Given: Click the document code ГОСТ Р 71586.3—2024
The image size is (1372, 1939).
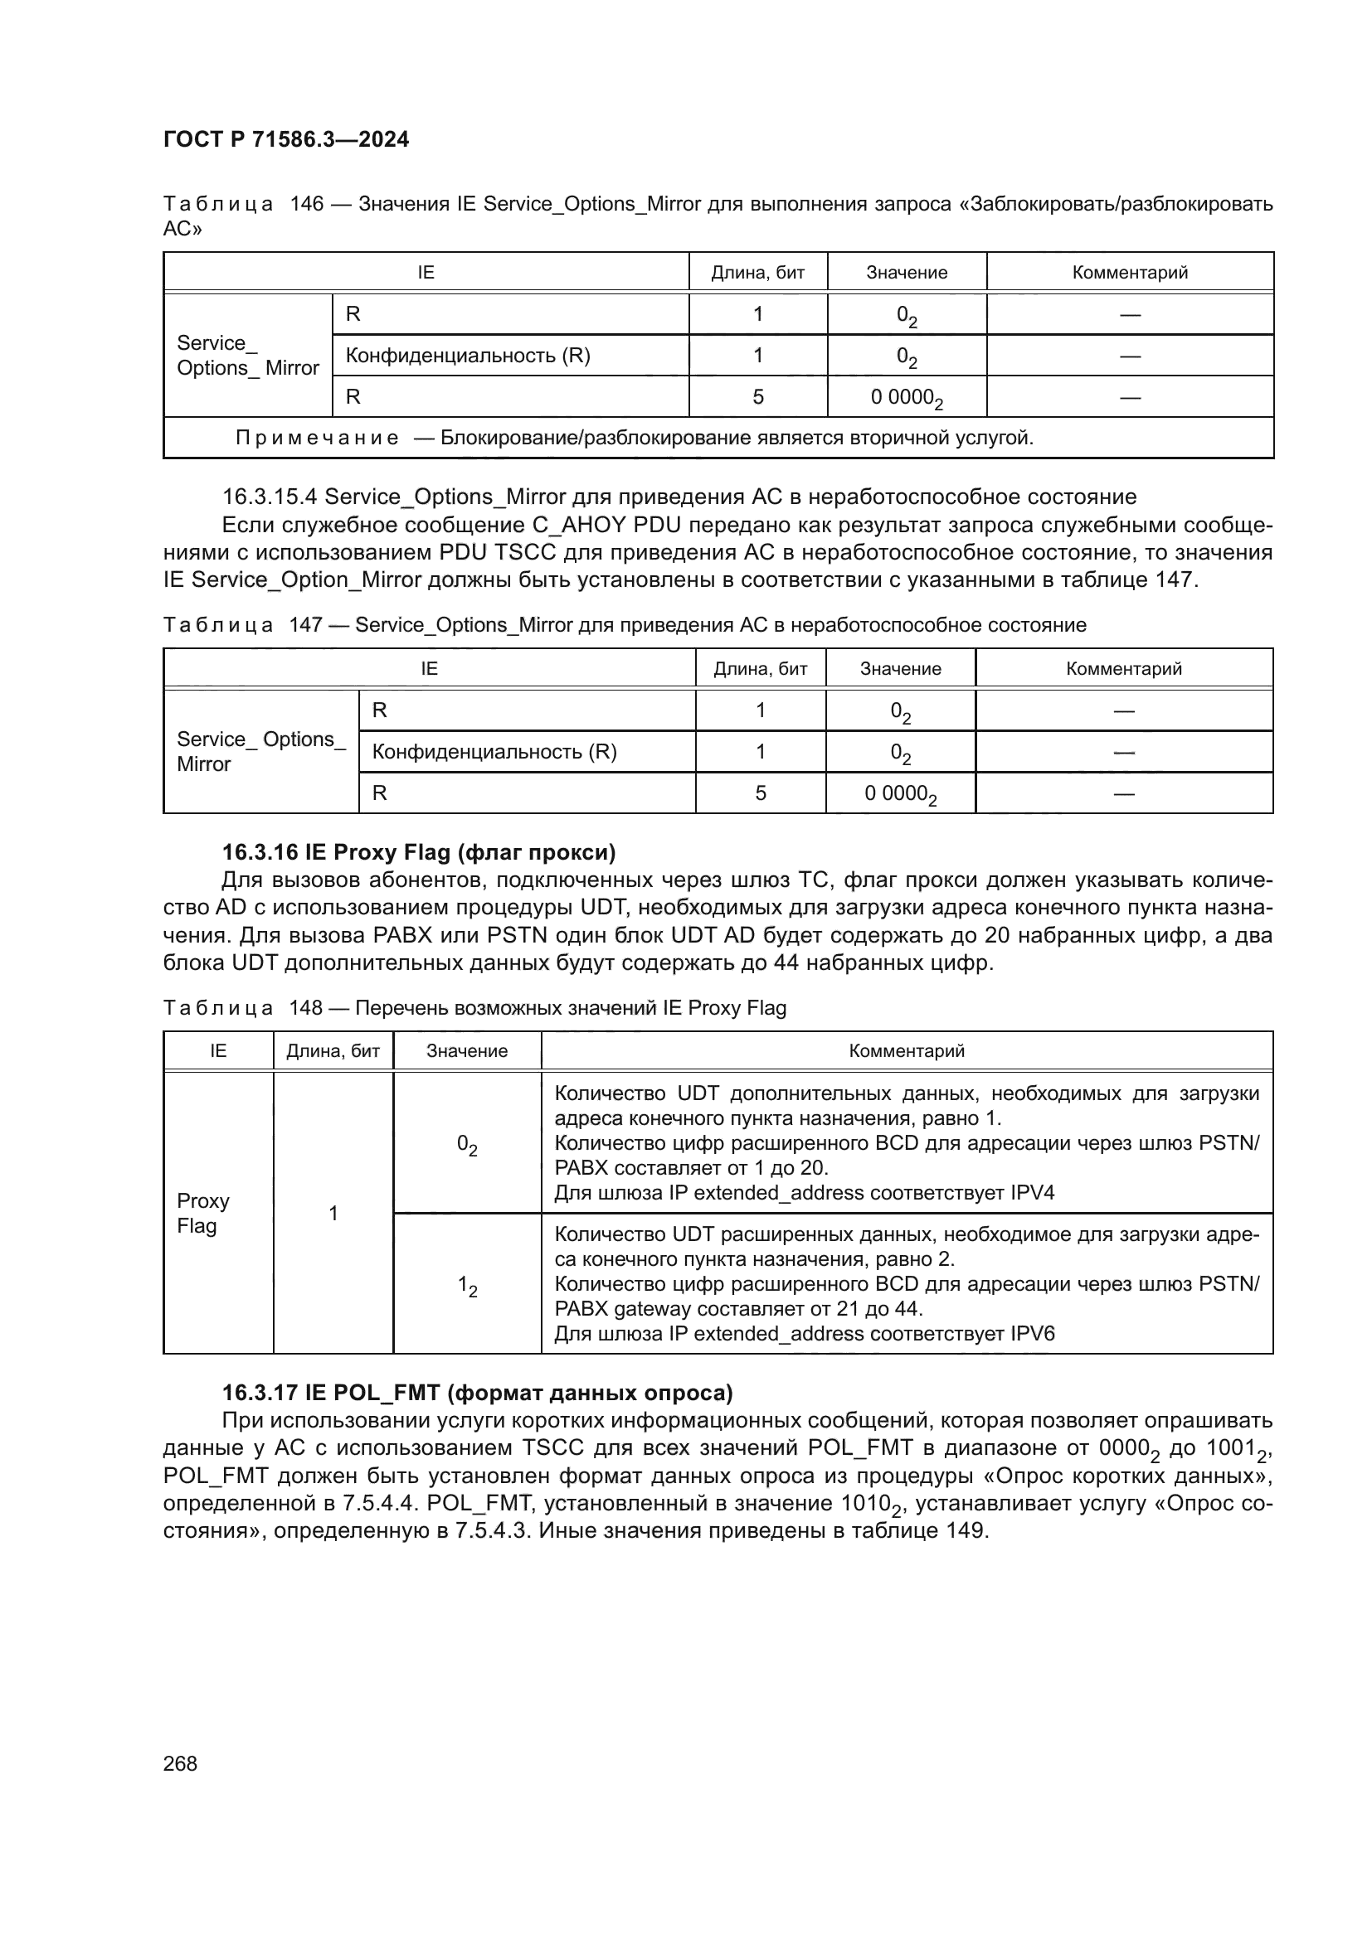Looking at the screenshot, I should pyautogui.click(x=285, y=139).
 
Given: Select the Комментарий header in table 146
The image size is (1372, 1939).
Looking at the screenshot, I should pyautogui.click(x=1130, y=272).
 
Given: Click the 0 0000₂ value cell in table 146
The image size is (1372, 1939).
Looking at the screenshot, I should pyautogui.click(x=907, y=397).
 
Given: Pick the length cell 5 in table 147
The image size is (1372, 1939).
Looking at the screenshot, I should pyautogui.click(x=761, y=793).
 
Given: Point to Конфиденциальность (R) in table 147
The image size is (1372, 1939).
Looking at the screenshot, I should pyautogui.click(x=494, y=752).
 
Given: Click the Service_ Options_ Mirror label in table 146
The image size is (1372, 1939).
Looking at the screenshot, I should pyautogui.click(x=247, y=356).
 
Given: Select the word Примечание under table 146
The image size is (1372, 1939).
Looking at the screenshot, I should pyautogui.click(x=317, y=438).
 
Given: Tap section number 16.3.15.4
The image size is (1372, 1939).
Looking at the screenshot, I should pyautogui.click(x=270, y=497).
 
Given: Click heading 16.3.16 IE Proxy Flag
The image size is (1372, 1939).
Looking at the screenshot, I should pyautogui.click(x=418, y=851).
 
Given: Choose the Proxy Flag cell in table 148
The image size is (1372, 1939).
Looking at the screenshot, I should pyautogui.click(x=202, y=1213).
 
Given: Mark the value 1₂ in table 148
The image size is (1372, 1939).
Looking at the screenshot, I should pyautogui.click(x=467, y=1287).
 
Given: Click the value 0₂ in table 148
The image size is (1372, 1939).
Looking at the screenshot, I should pyautogui.click(x=467, y=1144).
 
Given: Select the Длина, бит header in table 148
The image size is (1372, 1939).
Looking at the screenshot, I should pyautogui.click(x=333, y=1050).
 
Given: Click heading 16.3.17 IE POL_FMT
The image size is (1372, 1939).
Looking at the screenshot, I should pyautogui.click(x=476, y=1393).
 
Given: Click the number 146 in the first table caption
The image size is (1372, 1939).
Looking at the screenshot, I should pyautogui.click(x=307, y=205).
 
